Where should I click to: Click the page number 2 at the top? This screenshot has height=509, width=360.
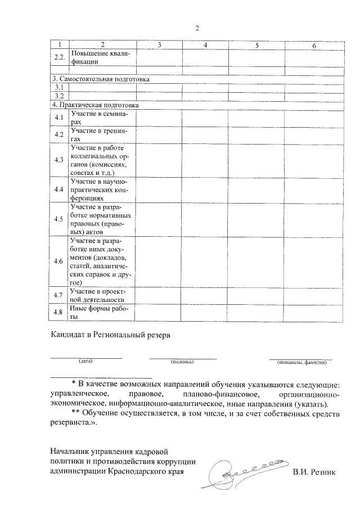(x=197, y=29)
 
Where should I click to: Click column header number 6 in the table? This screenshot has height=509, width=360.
(x=314, y=44)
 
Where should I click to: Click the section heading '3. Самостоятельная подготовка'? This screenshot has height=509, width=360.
(x=101, y=79)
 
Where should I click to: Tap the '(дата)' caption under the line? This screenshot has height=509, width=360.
(x=85, y=361)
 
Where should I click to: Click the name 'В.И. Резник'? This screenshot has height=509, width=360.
(x=313, y=472)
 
